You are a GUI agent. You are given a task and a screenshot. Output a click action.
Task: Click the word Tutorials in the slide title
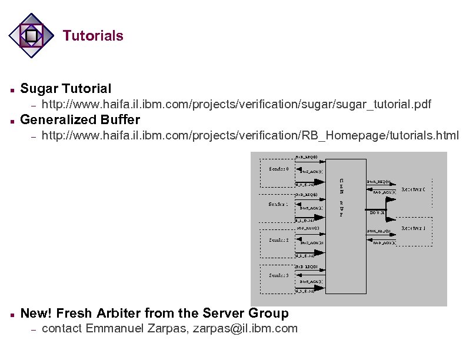coord(93,36)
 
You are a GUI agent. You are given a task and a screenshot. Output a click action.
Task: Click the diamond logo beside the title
coord(32,36)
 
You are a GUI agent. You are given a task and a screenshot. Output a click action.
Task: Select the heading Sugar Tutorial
coord(65,89)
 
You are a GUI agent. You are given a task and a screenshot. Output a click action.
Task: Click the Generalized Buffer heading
coord(80,120)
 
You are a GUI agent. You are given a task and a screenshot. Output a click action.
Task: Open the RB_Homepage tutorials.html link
coord(250,136)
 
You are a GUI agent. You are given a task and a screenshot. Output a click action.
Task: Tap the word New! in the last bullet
coord(36,313)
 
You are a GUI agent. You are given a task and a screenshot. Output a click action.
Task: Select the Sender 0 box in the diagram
coord(278,169)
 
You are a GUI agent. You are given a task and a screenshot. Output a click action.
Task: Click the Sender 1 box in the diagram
coord(278,204)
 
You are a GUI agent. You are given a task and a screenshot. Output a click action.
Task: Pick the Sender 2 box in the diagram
coord(278,240)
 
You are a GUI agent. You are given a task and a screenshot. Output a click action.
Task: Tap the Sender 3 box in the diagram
coord(278,275)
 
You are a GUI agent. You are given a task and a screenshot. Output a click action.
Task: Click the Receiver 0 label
coord(413,189)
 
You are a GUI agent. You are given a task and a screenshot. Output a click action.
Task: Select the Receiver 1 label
coord(413,228)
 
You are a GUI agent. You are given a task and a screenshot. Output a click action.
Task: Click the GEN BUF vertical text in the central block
coord(341,198)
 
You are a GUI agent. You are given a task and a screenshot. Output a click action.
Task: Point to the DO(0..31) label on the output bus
coord(377,212)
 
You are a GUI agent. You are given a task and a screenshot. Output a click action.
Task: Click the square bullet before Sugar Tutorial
coord(12,90)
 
